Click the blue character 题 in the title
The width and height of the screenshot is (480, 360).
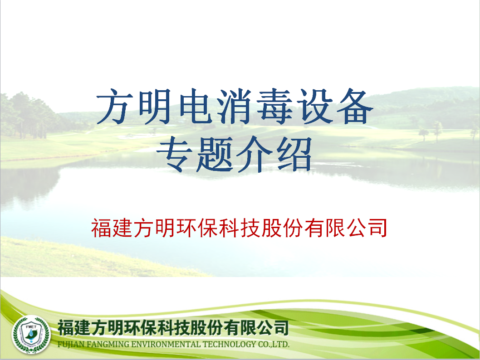point(214,154)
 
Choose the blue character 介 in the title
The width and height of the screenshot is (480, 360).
point(254,154)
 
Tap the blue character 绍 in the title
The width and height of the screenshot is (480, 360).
point(294,154)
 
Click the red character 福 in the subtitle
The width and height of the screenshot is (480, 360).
point(101,228)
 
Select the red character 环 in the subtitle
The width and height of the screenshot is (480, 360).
point(186,228)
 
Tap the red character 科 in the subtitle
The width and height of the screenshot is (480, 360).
point(229,228)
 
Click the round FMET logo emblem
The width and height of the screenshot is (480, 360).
point(31,335)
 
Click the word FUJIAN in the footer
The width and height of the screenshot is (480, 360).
point(71,345)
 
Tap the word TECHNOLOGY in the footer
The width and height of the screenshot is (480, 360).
point(229,344)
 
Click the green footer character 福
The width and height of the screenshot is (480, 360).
point(65,327)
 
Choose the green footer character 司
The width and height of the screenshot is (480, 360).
point(281,327)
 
